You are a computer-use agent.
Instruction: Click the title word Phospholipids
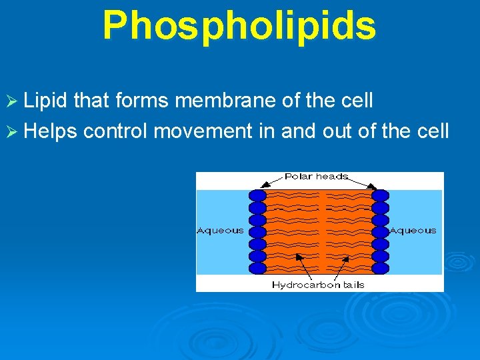pos(239,25)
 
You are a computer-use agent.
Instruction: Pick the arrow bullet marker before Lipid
pos(12,101)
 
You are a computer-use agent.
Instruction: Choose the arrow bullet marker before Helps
pos(12,131)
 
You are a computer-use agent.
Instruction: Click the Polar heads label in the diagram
pos(316,177)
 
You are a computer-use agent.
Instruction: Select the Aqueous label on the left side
pos(220,231)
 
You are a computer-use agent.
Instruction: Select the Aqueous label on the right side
pos(413,231)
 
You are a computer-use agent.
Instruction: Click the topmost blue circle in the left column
pos(257,195)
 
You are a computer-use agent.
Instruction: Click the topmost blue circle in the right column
pos(380,195)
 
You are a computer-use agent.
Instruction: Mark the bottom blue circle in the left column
pos(257,268)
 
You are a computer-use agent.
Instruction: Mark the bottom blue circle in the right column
pos(380,268)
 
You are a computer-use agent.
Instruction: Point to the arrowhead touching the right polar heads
pos(376,187)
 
